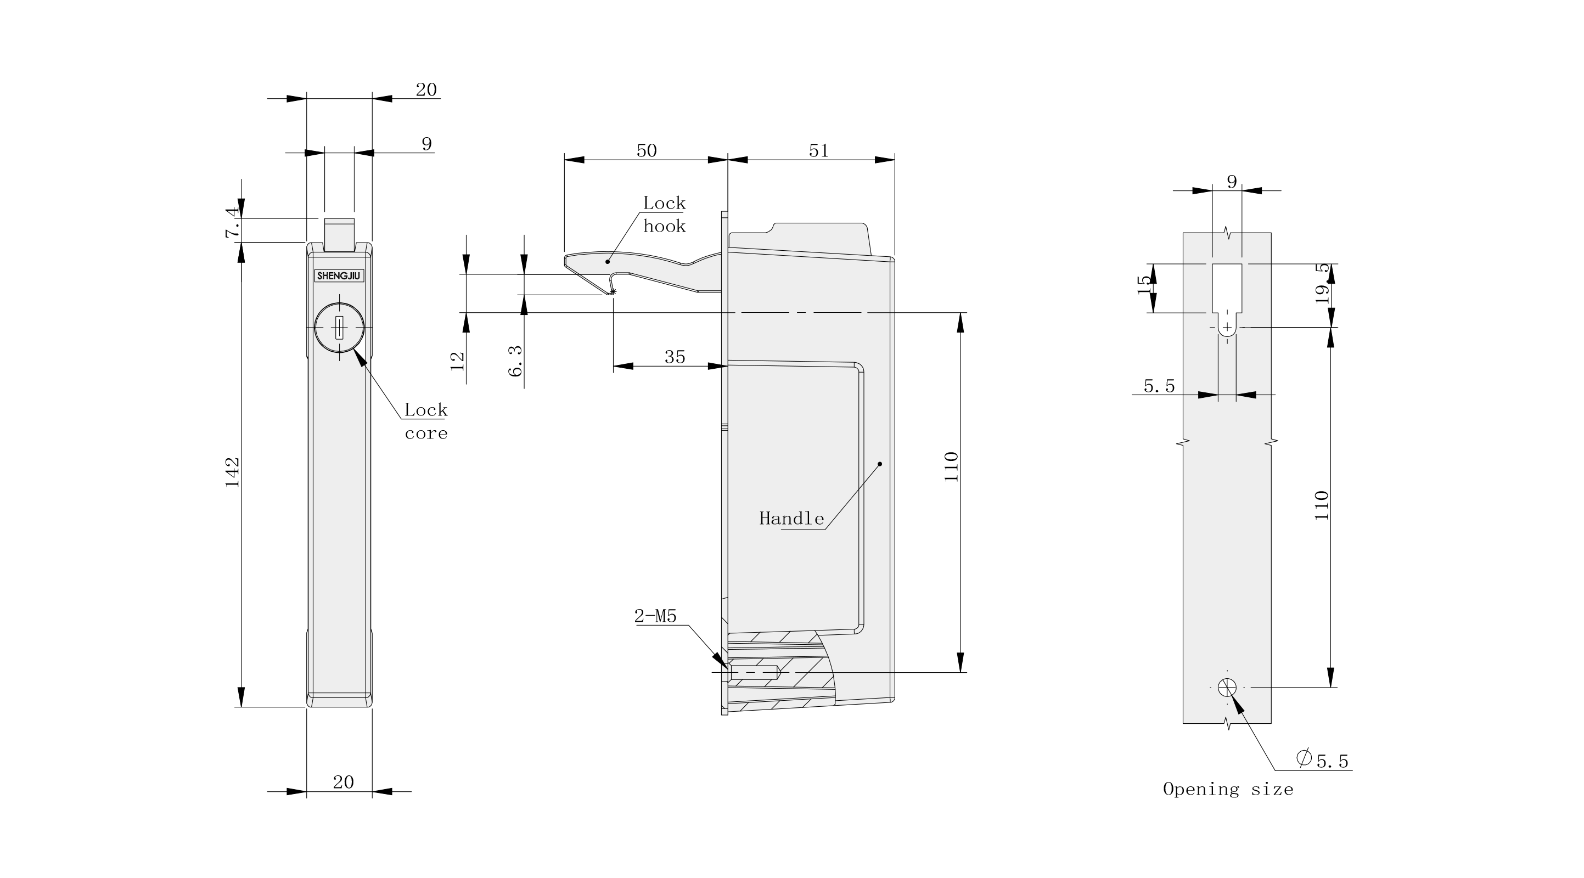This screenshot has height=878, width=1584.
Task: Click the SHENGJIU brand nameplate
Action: (x=339, y=276)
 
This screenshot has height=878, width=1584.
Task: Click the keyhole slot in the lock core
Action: (x=339, y=328)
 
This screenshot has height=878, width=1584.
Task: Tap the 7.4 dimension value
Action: (x=232, y=223)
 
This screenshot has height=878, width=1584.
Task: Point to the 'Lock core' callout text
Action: (x=425, y=421)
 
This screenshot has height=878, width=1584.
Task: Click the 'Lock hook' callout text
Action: (x=664, y=214)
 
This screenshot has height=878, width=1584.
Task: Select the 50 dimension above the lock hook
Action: (x=646, y=151)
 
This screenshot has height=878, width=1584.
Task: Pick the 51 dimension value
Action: (x=818, y=151)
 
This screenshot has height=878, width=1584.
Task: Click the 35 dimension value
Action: (x=675, y=357)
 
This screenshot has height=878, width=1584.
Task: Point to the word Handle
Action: (x=791, y=519)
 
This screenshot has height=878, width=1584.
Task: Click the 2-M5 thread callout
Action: (x=655, y=616)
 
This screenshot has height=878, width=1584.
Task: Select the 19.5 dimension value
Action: (x=1322, y=284)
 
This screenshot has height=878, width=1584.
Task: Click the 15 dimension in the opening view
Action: (x=1144, y=284)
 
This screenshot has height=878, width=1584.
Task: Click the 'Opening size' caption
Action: (x=1228, y=790)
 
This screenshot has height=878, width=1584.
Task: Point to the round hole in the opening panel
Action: (x=1227, y=687)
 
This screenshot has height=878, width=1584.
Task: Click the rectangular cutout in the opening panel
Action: (x=1227, y=288)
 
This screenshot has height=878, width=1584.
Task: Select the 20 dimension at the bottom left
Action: (x=343, y=782)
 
